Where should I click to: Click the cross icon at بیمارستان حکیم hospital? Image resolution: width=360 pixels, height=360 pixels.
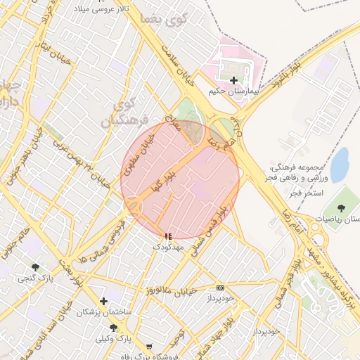click(x=233, y=81)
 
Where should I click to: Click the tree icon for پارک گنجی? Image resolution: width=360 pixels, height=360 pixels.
click(x=35, y=267)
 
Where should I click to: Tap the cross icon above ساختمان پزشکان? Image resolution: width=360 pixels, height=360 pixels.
click(x=104, y=301)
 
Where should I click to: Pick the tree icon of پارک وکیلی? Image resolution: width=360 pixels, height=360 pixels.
click(x=113, y=328)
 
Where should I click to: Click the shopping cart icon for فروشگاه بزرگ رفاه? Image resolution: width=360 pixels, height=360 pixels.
click(x=148, y=347)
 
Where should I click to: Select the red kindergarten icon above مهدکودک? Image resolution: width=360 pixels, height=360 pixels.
click(x=167, y=237)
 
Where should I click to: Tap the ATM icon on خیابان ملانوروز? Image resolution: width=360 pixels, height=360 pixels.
click(x=221, y=288)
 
